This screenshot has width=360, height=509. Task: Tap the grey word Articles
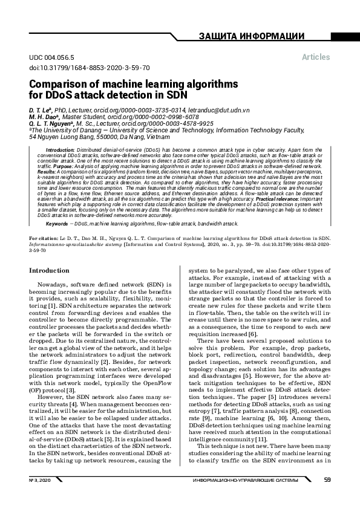click(316, 57)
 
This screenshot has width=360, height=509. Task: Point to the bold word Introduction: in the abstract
click(61, 149)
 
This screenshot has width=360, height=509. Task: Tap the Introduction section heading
click(53, 270)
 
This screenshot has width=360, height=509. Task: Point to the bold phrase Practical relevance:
click(277, 198)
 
